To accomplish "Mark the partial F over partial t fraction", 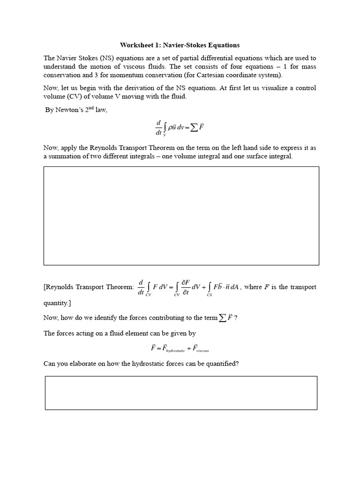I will pyautogui.click(x=186, y=287).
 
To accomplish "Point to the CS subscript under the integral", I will pyautogui.click(x=209, y=295).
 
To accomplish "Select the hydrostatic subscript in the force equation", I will pyautogui.click(x=175, y=350).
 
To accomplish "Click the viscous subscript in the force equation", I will pyautogui.click(x=202, y=350).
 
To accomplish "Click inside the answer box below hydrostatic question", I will pyautogui.click(x=181, y=393).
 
